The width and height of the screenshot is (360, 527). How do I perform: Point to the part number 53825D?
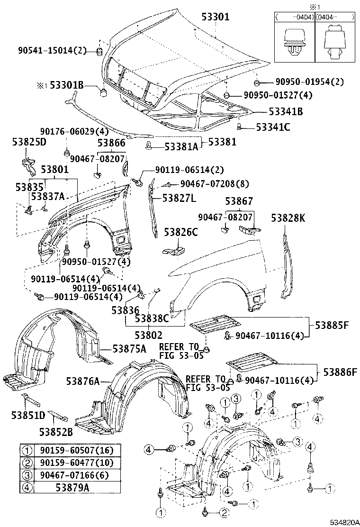pyautogui.click(x=29, y=142)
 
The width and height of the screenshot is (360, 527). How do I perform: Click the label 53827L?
pyautogui.click(x=179, y=198)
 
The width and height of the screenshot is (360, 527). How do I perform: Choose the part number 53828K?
pyautogui.click(x=288, y=218)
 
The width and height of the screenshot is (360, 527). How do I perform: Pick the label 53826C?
pyautogui.click(x=180, y=232)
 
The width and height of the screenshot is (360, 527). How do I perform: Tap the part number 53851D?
pyautogui.click(x=28, y=416)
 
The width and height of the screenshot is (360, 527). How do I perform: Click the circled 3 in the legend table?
pyautogui.click(x=28, y=474)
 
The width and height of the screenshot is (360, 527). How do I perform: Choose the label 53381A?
pyautogui.click(x=181, y=146)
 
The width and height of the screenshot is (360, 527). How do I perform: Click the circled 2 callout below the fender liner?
pyautogui.click(x=223, y=512)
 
